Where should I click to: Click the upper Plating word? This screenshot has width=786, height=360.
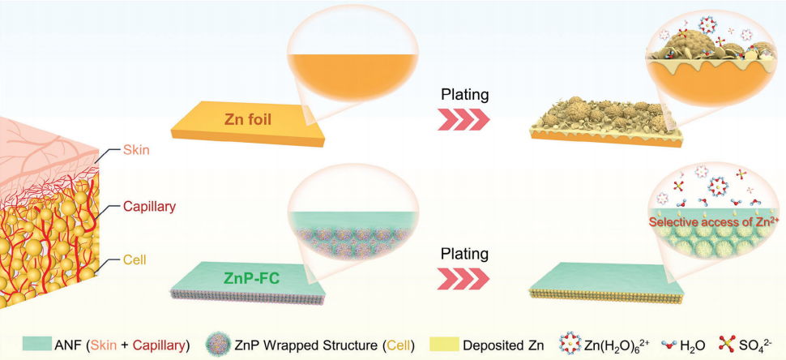pos(464,94)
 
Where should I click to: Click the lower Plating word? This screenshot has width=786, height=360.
pos(464,255)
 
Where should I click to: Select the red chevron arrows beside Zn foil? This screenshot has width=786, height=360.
pos(463,121)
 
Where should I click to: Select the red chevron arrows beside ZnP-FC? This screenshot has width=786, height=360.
pos(463,281)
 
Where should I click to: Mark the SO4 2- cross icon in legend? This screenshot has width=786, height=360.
pos(728,345)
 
